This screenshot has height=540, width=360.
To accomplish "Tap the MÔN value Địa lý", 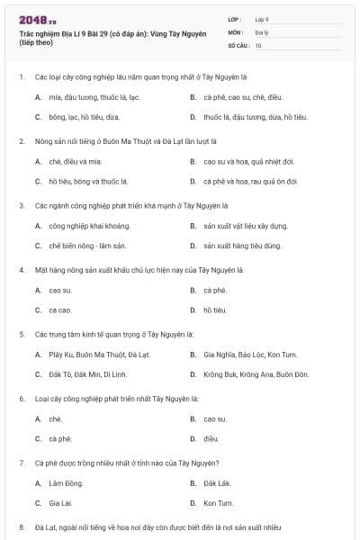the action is pos(260,31).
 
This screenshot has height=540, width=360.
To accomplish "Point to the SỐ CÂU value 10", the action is pos(258,44).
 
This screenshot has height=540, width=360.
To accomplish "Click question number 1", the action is pos(22,77).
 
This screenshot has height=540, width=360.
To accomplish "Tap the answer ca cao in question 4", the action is pos(59,310).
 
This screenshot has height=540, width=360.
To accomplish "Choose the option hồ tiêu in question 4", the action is pos(214,310).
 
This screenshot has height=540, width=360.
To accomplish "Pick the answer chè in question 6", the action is pos(55,418).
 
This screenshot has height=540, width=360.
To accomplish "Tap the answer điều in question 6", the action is pos(211,438).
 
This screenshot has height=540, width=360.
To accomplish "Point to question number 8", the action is pos(22,526).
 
